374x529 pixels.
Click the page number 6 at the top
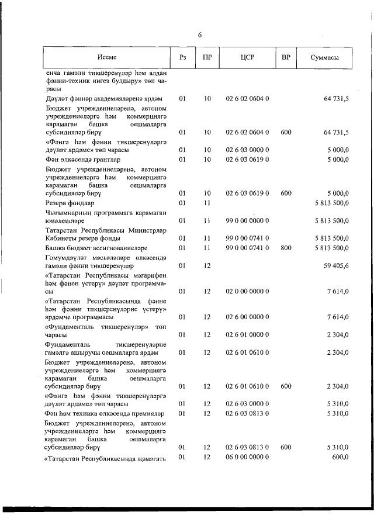pyautogui.click(x=200, y=35)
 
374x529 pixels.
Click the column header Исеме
pyautogui.click(x=107, y=57)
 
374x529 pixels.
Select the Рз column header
pyautogui.click(x=182, y=57)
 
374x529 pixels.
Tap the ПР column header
pyautogui.click(x=207, y=57)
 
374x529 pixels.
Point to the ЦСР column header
pyautogui.click(x=247, y=57)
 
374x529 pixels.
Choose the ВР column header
pyautogui.click(x=286, y=57)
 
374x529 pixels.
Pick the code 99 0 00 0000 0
pyautogui.click(x=247, y=220)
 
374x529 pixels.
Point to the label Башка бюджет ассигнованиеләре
pyautogui.click(x=96, y=248)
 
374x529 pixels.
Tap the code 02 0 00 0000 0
pyautogui.click(x=247, y=291)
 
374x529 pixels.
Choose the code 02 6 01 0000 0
pyautogui.click(x=247, y=334)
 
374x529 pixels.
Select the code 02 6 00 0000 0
pyautogui.click(x=247, y=317)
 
